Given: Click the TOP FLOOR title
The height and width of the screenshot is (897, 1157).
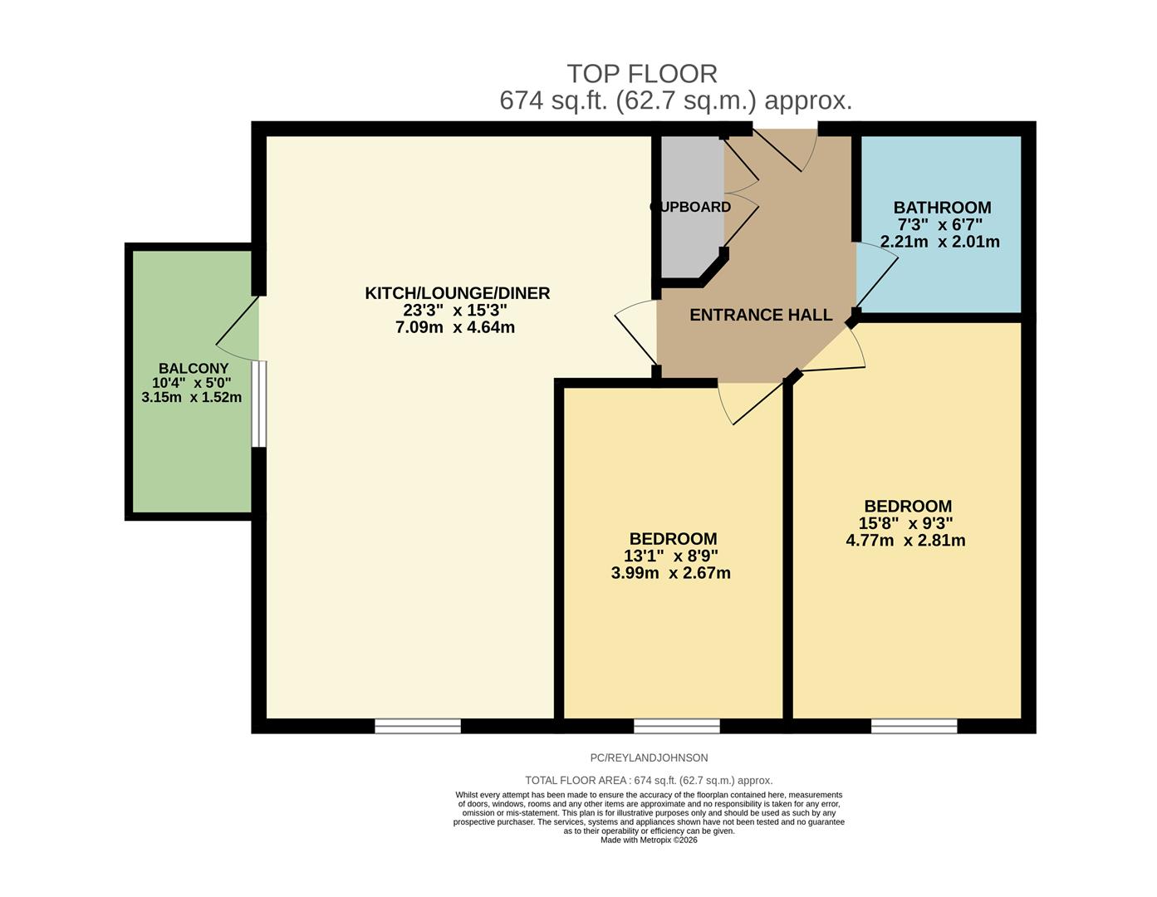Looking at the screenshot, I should point(641,74).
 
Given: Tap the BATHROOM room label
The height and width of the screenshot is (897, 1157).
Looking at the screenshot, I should point(942,208).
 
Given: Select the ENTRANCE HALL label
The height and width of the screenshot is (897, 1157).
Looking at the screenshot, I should point(761,315).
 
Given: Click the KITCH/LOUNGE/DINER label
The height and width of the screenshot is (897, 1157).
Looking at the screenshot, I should point(457,293).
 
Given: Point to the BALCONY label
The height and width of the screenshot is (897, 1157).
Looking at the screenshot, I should point(194,369).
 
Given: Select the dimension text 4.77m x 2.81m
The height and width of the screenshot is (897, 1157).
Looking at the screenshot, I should point(905,541).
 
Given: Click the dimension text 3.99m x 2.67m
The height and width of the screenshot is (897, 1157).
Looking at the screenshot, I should point(670,573).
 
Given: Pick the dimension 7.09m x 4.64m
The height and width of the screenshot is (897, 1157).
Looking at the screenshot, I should point(455,327).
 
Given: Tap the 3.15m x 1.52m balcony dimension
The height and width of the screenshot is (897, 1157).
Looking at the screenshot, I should point(192,397).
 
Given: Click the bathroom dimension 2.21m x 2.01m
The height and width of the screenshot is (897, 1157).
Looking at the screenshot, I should point(939,243).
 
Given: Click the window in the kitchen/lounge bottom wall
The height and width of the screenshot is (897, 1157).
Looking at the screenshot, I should point(418,726).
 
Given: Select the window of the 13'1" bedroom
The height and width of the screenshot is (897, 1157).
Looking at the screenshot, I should point(676,726).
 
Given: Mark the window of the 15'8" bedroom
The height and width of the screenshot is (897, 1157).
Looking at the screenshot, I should point(914,726).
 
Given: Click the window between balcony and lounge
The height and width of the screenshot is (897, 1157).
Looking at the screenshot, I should point(259,404).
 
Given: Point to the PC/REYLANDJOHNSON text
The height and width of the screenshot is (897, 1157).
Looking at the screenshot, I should point(649,757).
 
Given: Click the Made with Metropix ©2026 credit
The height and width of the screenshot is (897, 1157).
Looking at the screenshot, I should point(649,840).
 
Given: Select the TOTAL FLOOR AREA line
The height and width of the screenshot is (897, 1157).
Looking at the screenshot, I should point(649,780).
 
